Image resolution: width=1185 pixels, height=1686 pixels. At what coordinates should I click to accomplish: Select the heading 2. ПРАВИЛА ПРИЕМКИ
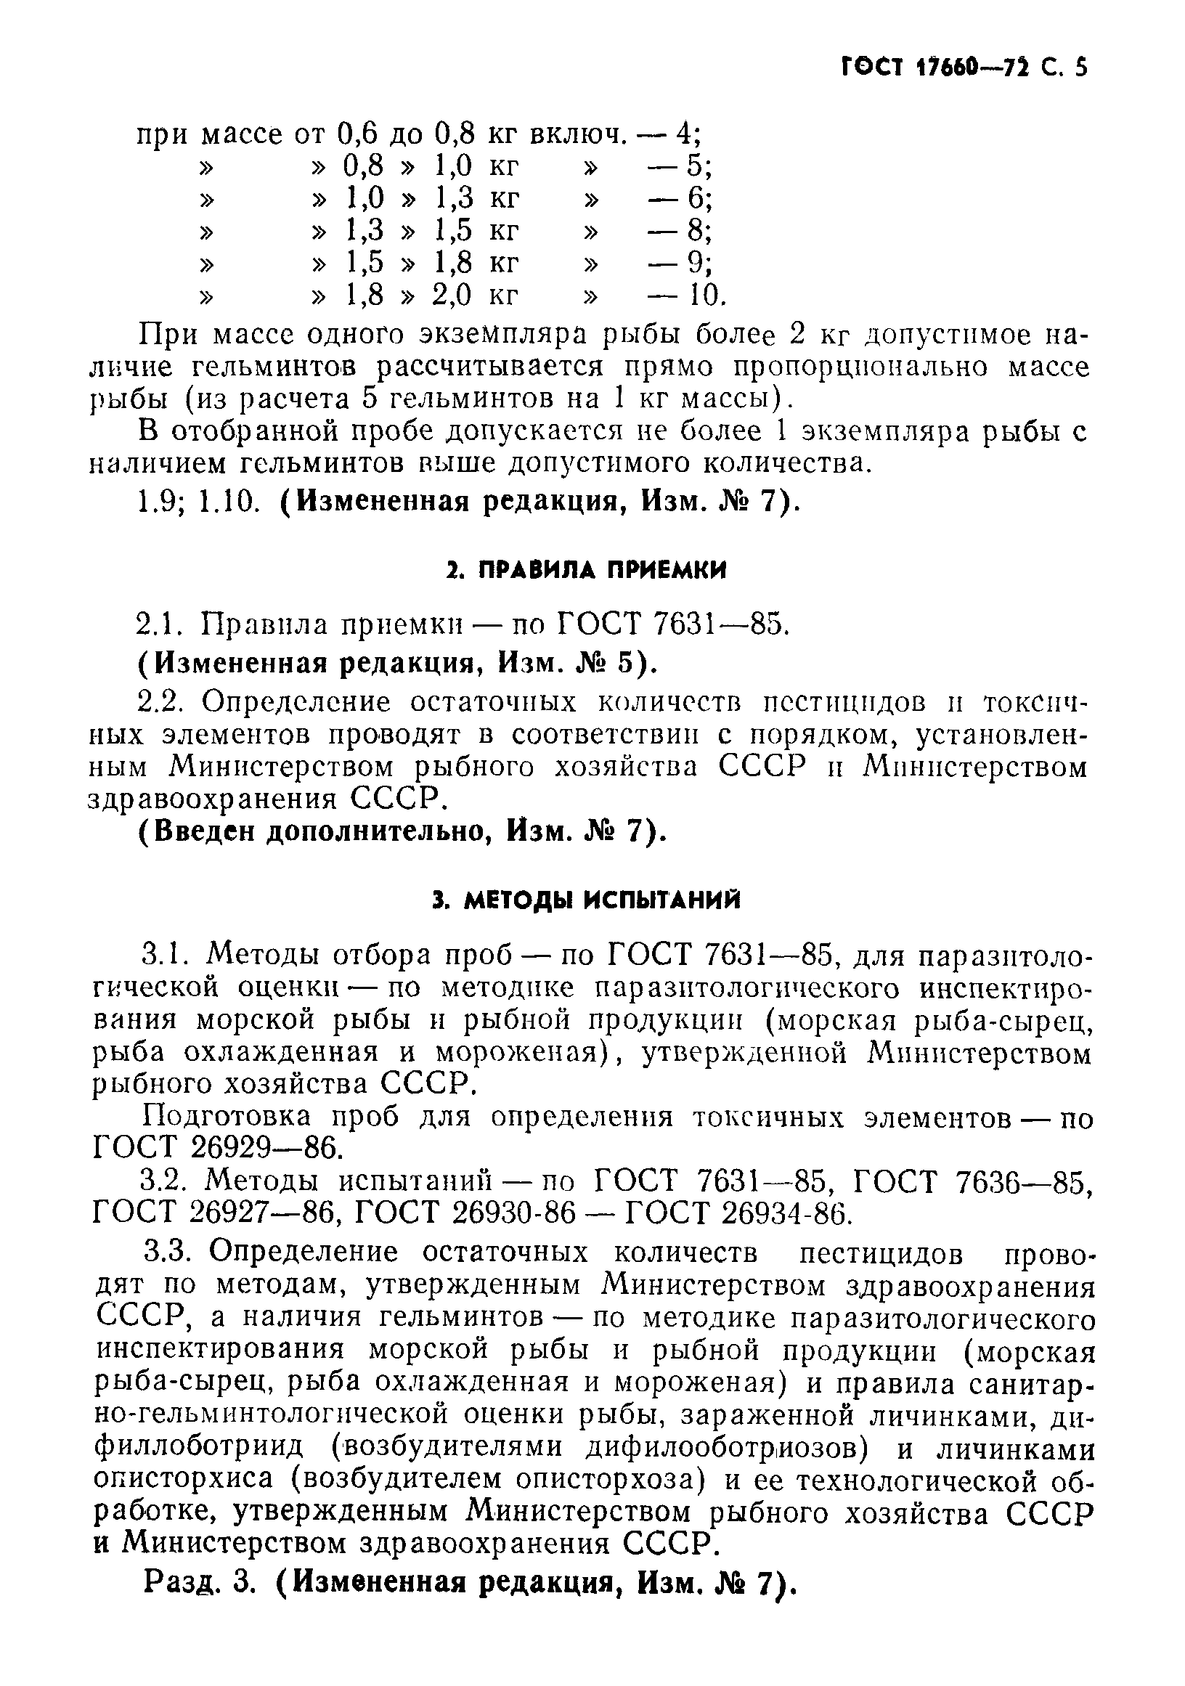point(586,570)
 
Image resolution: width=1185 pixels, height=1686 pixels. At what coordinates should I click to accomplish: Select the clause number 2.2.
point(162,703)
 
